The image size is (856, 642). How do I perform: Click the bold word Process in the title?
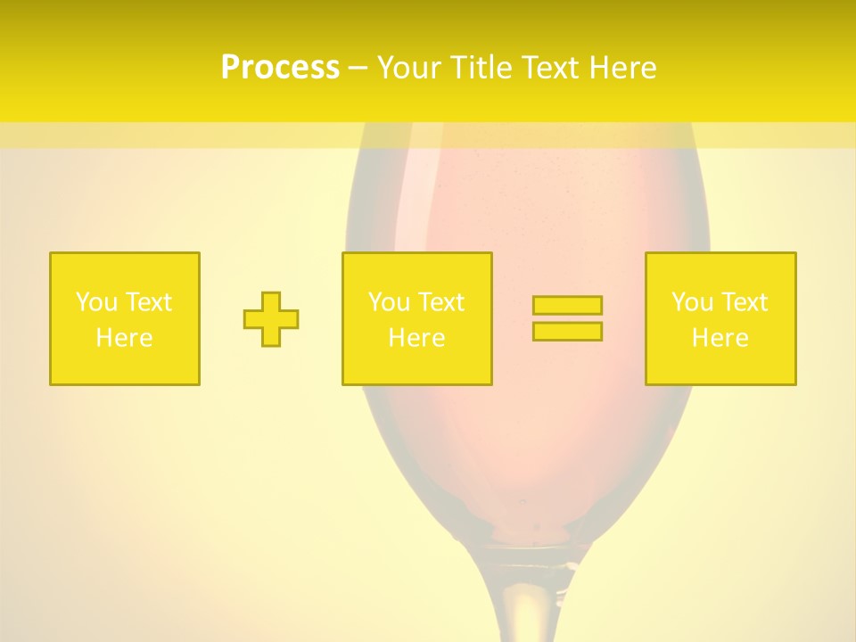pyautogui.click(x=280, y=68)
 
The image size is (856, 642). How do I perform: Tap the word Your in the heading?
pyautogui.click(x=409, y=68)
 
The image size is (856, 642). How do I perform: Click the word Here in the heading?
pyautogui.click(x=624, y=68)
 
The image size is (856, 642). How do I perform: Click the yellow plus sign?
pyautogui.click(x=271, y=319)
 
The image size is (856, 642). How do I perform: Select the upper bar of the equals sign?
pyautogui.click(x=567, y=306)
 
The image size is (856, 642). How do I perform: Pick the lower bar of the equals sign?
pyautogui.click(x=567, y=332)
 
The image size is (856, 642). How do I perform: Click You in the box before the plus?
pyautogui.click(x=95, y=302)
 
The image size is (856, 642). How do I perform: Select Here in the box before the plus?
pyautogui.click(x=125, y=338)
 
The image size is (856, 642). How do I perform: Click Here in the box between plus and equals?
pyautogui.click(x=417, y=338)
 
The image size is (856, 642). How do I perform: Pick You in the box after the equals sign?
pyautogui.click(x=691, y=302)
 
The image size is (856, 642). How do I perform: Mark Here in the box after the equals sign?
pyautogui.click(x=720, y=338)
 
